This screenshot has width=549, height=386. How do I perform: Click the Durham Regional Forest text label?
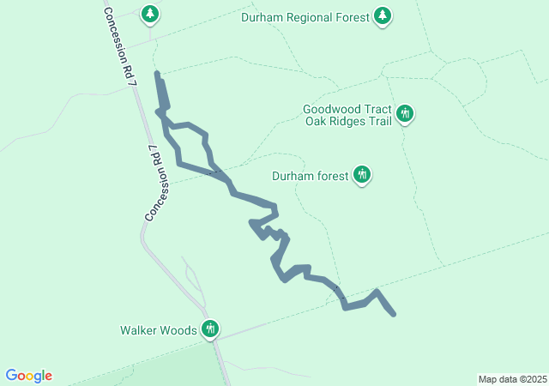(305, 17)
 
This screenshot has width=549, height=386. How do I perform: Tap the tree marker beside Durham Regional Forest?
(383, 16)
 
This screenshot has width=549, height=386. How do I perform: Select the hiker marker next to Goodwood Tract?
(405, 114)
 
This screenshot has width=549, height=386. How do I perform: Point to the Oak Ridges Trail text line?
(348, 121)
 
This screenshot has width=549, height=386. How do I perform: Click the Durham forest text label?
(310, 176)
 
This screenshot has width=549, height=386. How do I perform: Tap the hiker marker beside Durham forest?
(362, 175)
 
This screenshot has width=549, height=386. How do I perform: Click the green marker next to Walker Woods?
(210, 329)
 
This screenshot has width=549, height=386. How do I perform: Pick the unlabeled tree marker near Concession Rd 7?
(151, 15)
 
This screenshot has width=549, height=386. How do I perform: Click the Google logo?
(29, 376)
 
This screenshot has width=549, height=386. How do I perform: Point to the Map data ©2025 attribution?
(511, 379)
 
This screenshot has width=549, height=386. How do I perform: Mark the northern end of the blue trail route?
(157, 74)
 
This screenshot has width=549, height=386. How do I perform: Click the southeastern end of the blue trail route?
(394, 315)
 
